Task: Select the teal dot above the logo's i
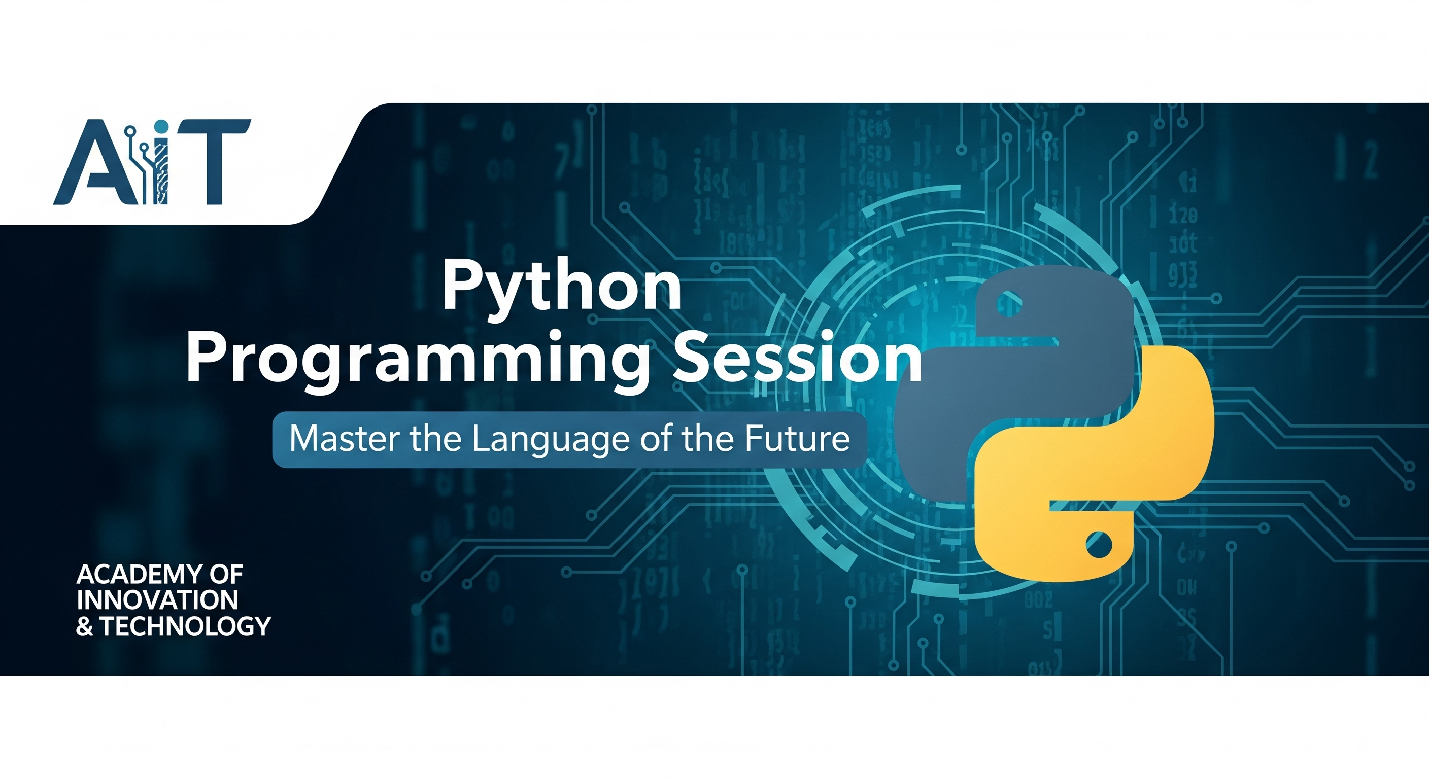coord(161,127)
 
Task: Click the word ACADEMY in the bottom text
coord(139,575)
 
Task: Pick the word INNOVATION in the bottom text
coord(157,600)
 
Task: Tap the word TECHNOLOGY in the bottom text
coord(185,626)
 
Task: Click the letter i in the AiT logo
coord(160,169)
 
